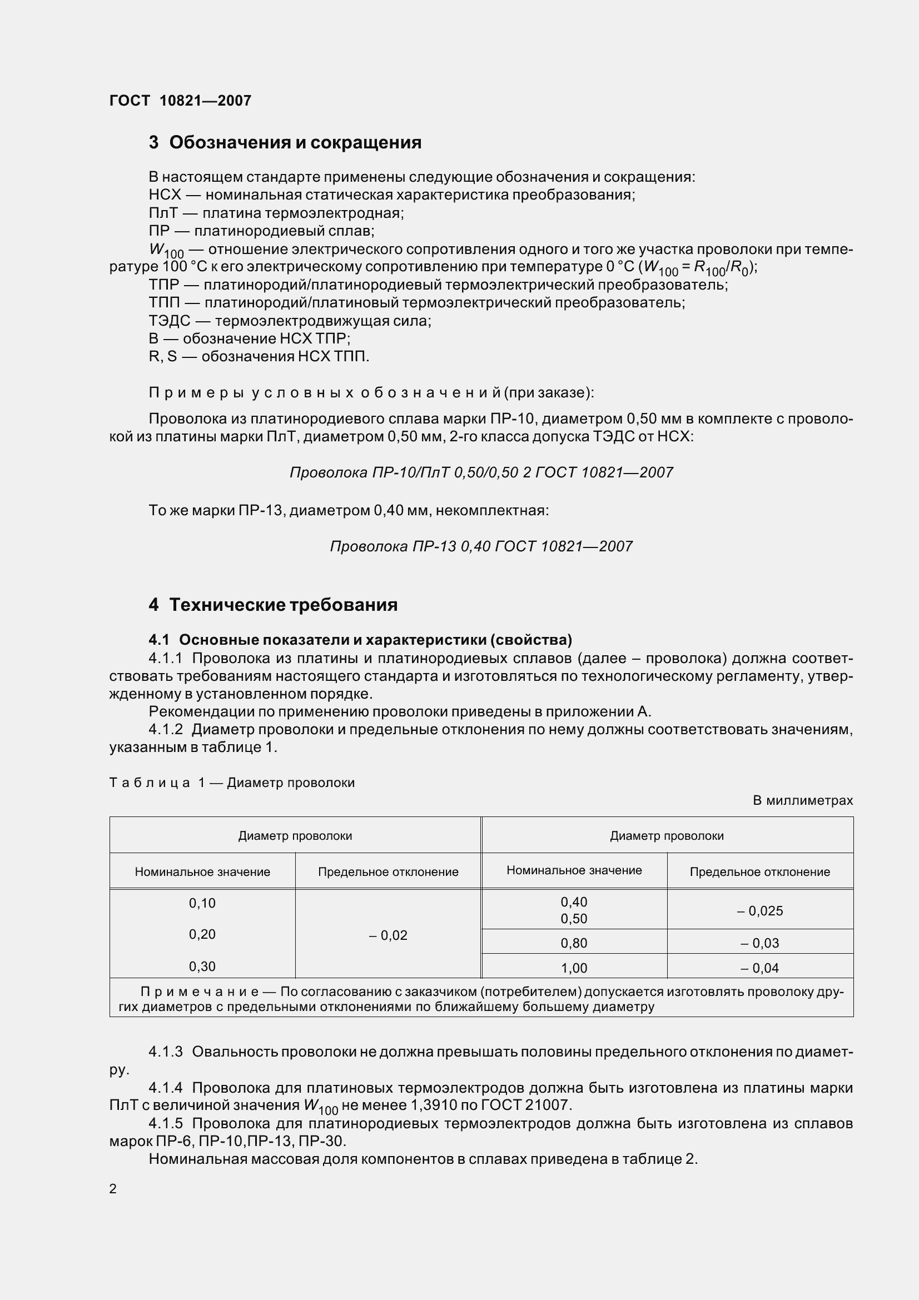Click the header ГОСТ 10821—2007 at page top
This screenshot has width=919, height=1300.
click(180, 101)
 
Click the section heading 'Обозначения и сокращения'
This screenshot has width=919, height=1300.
click(295, 143)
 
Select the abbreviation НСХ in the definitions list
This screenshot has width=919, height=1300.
click(164, 195)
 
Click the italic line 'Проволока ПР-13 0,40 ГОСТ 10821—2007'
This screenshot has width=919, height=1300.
click(481, 546)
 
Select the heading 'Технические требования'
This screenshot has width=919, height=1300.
click(283, 605)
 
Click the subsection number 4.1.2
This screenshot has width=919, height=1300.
click(165, 729)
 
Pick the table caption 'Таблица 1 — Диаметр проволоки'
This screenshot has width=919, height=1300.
click(232, 783)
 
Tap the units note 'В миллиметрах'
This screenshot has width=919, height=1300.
click(802, 800)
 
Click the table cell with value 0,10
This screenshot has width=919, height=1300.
click(202, 903)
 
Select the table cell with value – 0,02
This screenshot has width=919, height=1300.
click(388, 935)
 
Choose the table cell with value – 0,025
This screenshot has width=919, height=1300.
click(760, 911)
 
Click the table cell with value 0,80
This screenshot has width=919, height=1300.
click(574, 943)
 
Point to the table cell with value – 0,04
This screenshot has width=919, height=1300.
click(760, 968)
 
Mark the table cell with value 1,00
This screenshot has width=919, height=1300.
click(574, 968)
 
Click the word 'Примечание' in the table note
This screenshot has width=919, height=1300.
click(200, 992)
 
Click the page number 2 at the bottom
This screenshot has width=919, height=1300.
click(113, 1188)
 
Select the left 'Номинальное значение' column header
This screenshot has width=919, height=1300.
click(202, 872)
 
